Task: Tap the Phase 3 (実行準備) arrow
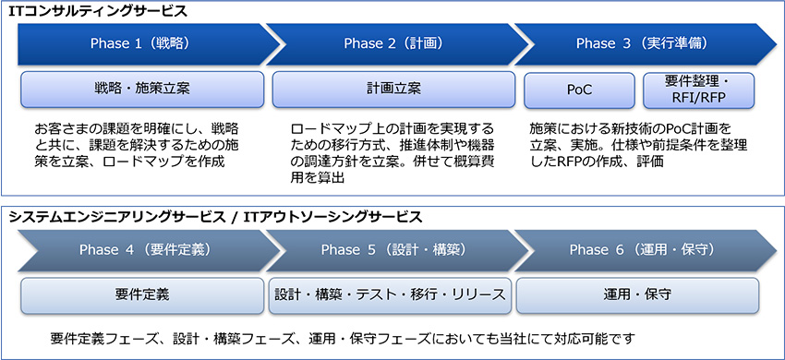[x=636, y=43]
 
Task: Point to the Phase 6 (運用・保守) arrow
[x=636, y=249]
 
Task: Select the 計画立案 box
[x=393, y=90]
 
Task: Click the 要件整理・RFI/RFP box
[x=698, y=90]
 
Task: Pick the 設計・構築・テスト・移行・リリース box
[x=391, y=295]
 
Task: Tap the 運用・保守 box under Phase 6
[x=637, y=295]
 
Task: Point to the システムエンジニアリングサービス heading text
[x=115, y=217]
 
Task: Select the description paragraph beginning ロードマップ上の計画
[x=392, y=152]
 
